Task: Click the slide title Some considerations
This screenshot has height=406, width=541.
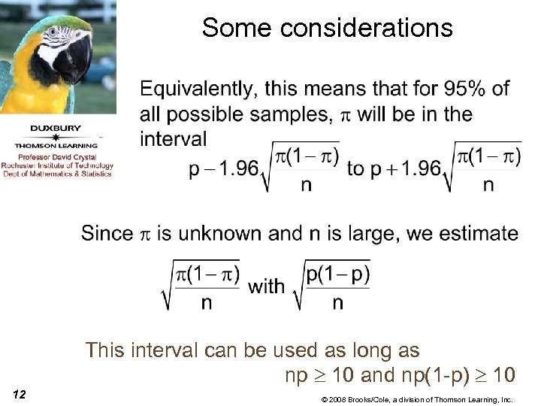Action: coord(327,28)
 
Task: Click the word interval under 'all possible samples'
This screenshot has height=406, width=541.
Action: coord(173,139)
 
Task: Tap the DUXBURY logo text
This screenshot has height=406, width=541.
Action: coord(57,128)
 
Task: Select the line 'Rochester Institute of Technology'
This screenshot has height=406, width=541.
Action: coord(57,165)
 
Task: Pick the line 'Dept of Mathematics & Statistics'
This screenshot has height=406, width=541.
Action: coord(57,174)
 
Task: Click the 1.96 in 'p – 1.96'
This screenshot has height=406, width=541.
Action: coord(241,168)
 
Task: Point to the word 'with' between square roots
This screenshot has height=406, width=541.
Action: coord(266,286)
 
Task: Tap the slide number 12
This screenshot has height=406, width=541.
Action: coord(20,394)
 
